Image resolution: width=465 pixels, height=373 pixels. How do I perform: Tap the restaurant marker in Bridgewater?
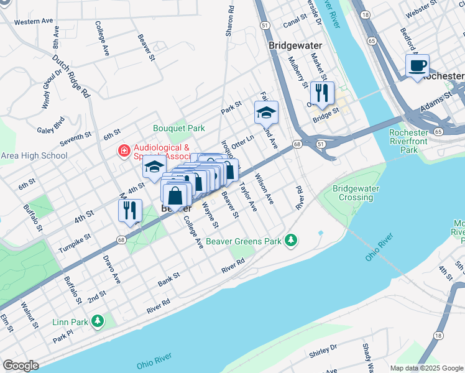321,94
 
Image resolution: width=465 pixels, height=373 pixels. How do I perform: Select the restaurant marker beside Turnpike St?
130,211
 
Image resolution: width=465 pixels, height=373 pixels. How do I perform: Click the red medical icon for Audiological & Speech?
124,150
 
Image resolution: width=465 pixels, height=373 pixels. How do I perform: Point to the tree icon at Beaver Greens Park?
290,241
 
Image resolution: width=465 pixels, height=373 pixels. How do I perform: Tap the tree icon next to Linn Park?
97,321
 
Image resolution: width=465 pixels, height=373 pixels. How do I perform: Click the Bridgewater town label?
294,45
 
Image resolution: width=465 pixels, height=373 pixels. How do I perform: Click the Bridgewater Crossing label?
352,193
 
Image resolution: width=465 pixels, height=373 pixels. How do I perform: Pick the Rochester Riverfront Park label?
409,141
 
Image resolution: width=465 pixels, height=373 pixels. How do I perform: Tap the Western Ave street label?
34,22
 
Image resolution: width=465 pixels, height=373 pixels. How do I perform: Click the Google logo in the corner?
21,365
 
